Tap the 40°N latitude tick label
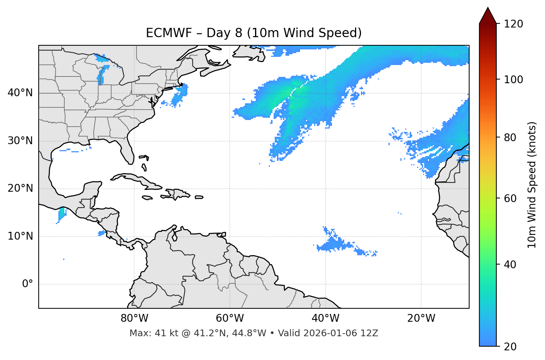tap(20, 93)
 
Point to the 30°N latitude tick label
tap(20, 141)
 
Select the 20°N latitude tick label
tap(20, 188)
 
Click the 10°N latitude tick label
tap(20, 236)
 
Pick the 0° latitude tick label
tap(28, 284)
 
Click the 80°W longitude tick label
tap(134, 318)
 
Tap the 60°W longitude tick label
tap(230, 318)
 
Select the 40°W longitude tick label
tap(325, 318)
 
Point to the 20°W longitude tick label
tap(421, 318)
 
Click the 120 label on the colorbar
tap(513, 24)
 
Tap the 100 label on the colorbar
tap(513, 80)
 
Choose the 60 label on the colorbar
tap(510, 198)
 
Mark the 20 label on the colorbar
tap(510, 347)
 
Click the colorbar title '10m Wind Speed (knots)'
tap(532, 185)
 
